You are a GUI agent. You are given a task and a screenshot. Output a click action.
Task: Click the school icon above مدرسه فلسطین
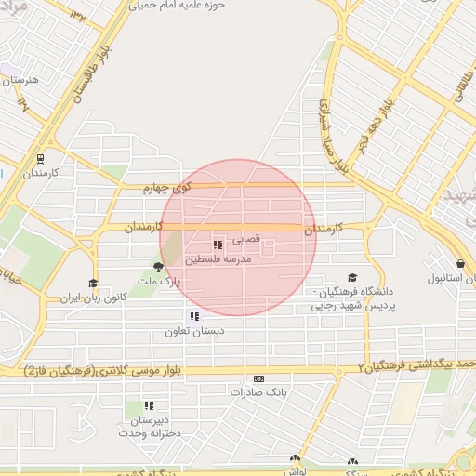pyautogui.click(x=218, y=245)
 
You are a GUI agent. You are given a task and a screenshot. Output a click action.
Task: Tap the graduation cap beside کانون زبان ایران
pyautogui.click(x=93, y=284)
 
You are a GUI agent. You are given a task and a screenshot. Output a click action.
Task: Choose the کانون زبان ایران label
pyautogui.click(x=92, y=298)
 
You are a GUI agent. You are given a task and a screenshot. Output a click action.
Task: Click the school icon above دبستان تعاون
pyautogui.click(x=192, y=316)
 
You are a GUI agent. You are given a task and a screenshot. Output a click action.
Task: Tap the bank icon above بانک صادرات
pyautogui.click(x=258, y=378)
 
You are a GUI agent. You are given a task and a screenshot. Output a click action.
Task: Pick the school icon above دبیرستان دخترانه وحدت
pyautogui.click(x=150, y=405)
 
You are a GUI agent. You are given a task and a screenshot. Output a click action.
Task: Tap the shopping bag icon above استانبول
pyautogui.click(x=461, y=263)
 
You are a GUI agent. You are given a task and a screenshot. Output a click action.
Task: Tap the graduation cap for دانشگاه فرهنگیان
pyautogui.click(x=351, y=277)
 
